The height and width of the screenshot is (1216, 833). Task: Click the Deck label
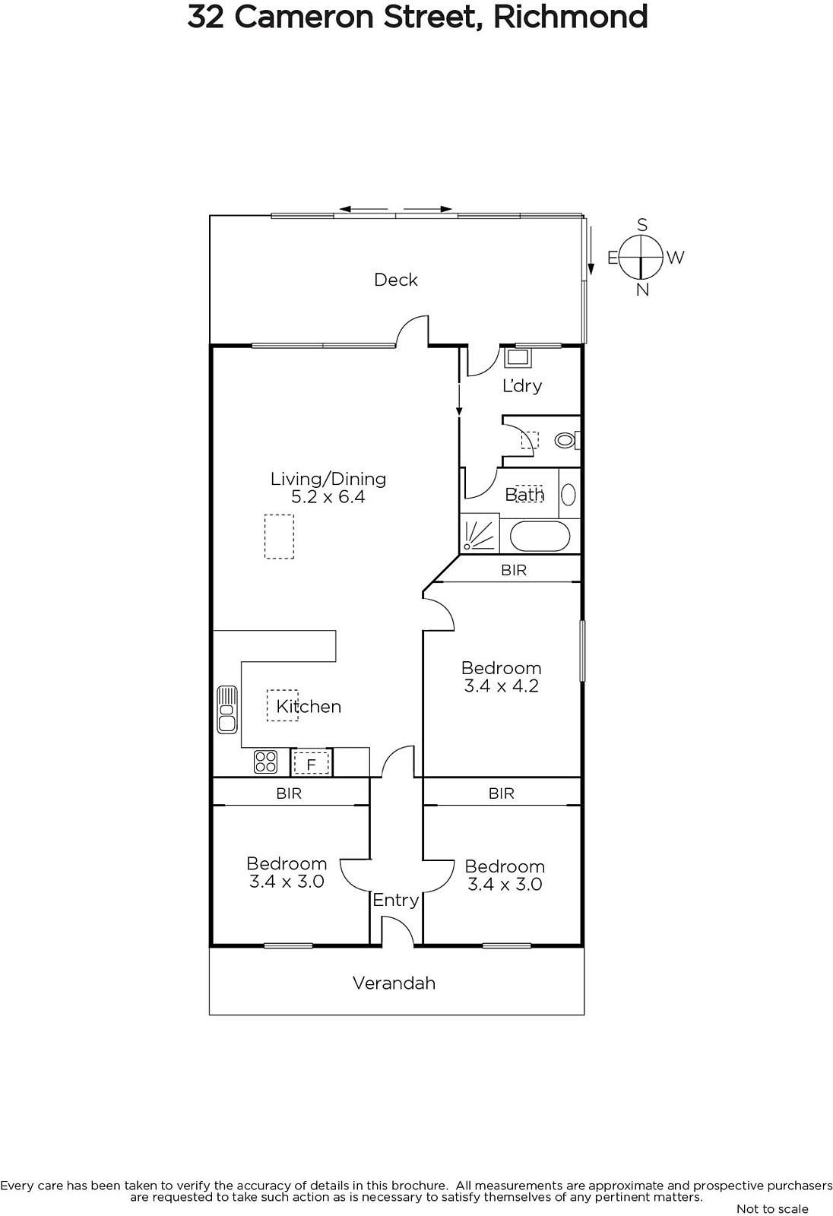tap(396, 280)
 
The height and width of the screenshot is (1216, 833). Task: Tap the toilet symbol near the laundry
tap(568, 439)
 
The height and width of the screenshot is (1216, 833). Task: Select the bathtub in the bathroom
tap(539, 537)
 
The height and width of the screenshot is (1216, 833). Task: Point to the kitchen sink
tap(227, 710)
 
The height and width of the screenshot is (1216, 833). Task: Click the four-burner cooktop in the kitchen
tap(265, 761)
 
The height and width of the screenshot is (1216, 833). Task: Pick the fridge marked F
tap(311, 763)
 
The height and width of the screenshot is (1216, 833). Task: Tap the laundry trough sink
tap(518, 357)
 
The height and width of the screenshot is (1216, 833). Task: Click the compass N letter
tap(642, 290)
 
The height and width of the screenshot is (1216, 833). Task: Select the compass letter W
tap(675, 258)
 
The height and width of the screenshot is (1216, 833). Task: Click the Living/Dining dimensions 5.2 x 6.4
tap(328, 497)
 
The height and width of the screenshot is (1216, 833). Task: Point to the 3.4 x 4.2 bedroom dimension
tap(501, 686)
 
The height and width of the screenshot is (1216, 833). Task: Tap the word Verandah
tap(394, 983)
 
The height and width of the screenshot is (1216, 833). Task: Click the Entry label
tap(396, 900)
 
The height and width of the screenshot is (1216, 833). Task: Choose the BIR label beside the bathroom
tap(514, 570)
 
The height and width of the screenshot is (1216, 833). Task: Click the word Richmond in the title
tap(571, 17)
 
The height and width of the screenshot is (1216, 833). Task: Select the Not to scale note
tap(772, 1208)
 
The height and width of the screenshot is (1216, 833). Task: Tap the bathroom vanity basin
tap(569, 495)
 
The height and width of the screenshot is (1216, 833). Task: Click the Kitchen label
tap(309, 706)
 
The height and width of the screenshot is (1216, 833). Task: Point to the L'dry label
tap(522, 385)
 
